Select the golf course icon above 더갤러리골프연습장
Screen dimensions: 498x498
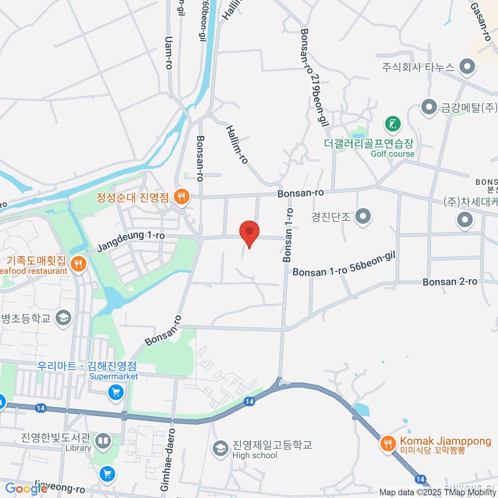pos(393,124)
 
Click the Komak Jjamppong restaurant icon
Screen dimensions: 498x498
pos(388,444)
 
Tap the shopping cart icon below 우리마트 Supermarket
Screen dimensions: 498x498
pos(116,392)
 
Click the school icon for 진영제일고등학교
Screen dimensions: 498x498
pos(220,448)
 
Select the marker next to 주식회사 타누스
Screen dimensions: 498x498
pos(468,66)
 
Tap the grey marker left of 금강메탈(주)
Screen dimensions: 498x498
pos(429,107)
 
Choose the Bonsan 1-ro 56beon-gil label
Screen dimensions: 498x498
pos(344,264)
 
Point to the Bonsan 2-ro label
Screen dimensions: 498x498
pos(450,282)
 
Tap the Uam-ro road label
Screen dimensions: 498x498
pos(168,52)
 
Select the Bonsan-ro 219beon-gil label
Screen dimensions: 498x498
pos(315,77)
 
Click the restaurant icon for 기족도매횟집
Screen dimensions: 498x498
pos(78,264)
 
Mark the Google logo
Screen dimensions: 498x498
pos(26,488)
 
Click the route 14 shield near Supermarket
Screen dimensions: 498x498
pos(40,408)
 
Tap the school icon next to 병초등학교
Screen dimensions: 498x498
pos(63,318)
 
